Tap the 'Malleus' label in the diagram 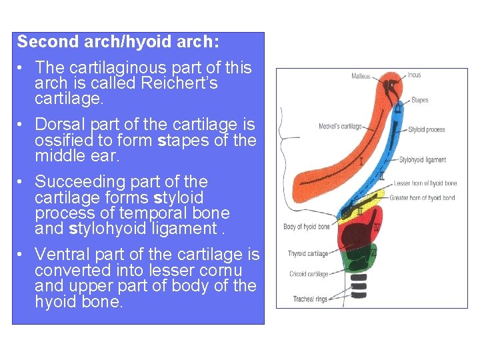[361, 76]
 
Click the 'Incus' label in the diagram [414, 75]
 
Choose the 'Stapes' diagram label [419, 100]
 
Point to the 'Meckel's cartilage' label [340, 126]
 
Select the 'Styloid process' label [427, 129]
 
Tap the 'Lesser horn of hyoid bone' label [425, 183]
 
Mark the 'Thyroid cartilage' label [307, 253]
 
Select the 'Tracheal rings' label [310, 299]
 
